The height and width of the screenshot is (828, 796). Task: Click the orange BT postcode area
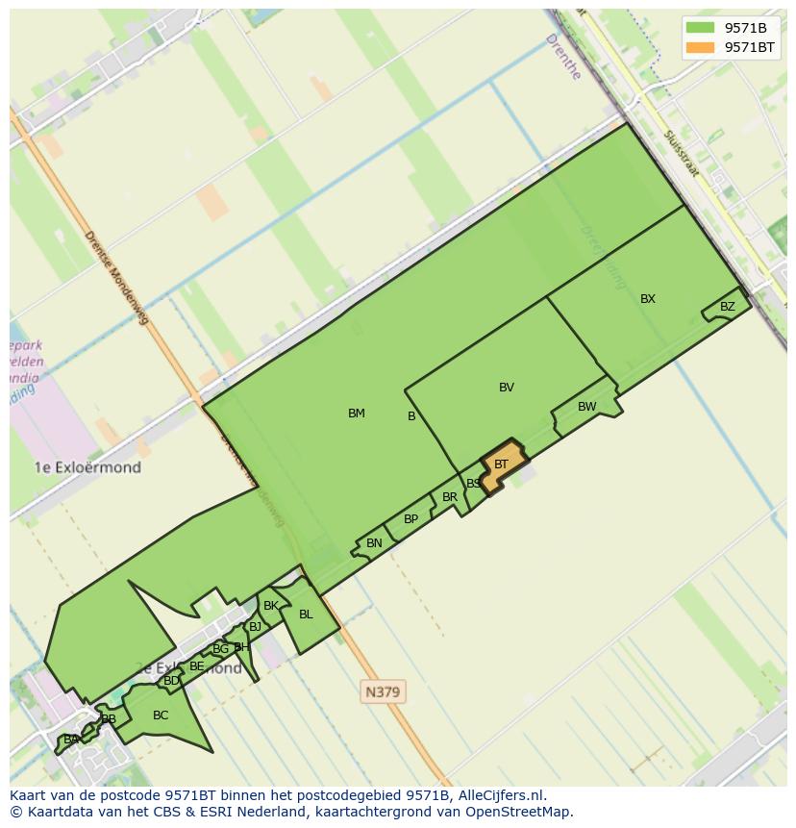click(503, 465)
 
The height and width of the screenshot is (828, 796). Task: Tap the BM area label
click(357, 414)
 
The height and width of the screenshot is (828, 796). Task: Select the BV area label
click(507, 388)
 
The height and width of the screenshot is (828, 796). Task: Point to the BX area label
click(648, 299)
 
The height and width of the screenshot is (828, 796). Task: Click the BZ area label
click(728, 308)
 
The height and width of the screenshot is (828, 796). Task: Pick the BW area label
click(587, 407)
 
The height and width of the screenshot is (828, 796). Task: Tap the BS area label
click(473, 484)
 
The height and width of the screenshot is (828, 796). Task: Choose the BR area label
click(450, 497)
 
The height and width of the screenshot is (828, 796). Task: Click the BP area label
click(411, 519)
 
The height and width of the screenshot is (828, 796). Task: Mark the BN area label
click(374, 543)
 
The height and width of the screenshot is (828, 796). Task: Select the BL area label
click(306, 615)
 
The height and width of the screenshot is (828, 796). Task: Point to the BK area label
click(271, 606)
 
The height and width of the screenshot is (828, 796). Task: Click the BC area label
click(161, 715)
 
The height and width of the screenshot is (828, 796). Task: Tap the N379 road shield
click(383, 691)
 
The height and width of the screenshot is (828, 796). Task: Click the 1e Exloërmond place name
click(87, 468)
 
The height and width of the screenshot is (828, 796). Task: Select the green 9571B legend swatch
click(701, 28)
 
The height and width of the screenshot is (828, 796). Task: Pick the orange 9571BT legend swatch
click(701, 47)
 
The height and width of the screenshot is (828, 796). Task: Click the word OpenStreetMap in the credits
click(519, 812)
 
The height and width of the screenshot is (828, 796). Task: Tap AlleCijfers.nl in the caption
click(501, 795)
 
